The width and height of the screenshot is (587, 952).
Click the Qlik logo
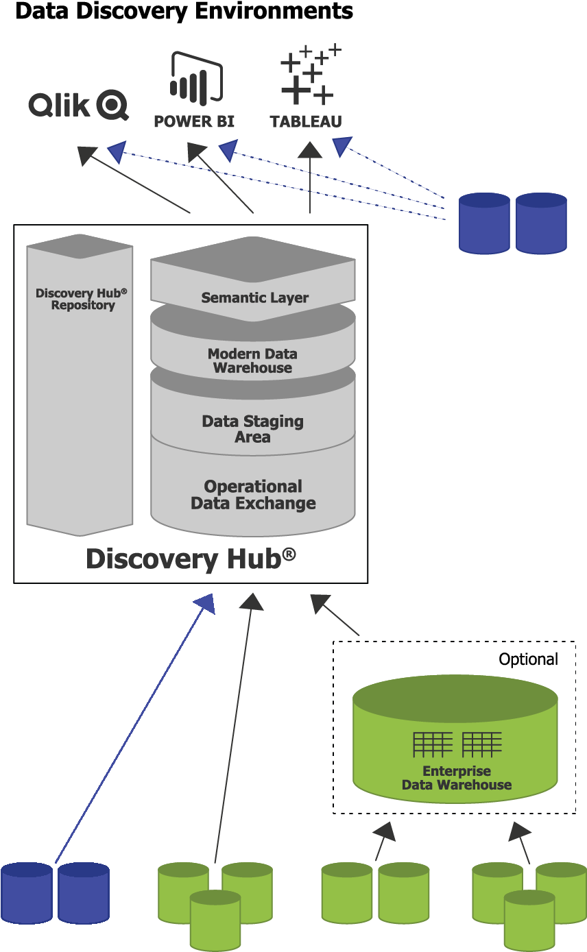tap(78, 106)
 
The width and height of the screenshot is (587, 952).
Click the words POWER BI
tap(194, 122)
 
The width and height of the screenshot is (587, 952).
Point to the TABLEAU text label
tap(306, 122)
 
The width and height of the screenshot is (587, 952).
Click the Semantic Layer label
tap(254, 297)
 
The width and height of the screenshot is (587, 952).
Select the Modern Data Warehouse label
tap(252, 361)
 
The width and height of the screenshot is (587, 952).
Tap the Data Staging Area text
tap(252, 429)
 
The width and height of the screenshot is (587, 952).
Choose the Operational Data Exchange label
tap(253, 495)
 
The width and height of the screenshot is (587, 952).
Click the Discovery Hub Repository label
tap(82, 299)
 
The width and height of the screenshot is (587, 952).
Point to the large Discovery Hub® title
tap(191, 559)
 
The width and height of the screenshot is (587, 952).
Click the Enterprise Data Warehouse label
tap(457, 778)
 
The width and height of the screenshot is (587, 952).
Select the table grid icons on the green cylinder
tap(457, 744)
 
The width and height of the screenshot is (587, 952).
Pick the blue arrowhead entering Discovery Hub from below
tap(205, 603)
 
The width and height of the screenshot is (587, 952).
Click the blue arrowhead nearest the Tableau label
tap(341, 145)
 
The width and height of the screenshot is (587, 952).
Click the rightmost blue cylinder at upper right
tap(541, 223)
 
